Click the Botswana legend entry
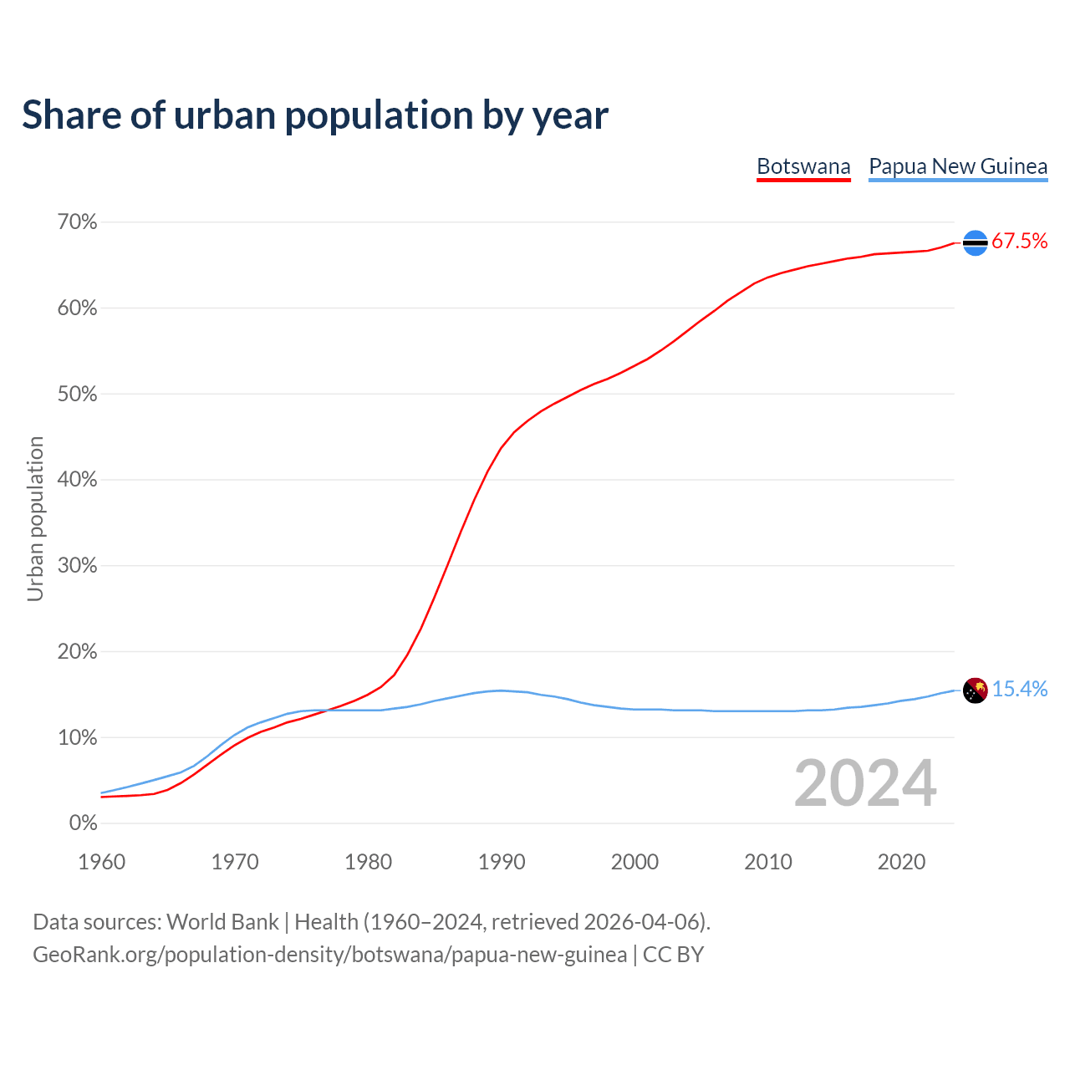tap(803, 166)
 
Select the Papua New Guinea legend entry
tap(958, 166)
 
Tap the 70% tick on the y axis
tap(77, 222)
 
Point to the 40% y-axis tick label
tap(77, 480)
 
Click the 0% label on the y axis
tap(83, 823)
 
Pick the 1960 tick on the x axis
tap(101, 862)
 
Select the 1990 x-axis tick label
tap(502, 862)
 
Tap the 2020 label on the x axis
tap(901, 862)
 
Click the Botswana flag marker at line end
tap(976, 242)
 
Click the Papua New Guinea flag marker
tap(976, 690)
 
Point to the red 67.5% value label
tap(1020, 242)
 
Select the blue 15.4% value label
tap(1020, 690)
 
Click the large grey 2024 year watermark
tap(865, 783)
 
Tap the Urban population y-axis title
tap(35, 518)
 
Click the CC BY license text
tap(673, 955)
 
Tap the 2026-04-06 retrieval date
tap(641, 922)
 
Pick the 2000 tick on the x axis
tap(634, 862)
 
